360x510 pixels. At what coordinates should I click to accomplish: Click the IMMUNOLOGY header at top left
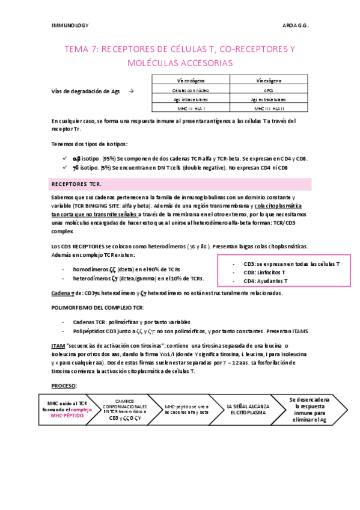point(71,26)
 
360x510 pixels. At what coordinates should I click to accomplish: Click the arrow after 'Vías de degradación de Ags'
point(132,91)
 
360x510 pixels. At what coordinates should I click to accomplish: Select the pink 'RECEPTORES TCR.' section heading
point(76,184)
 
